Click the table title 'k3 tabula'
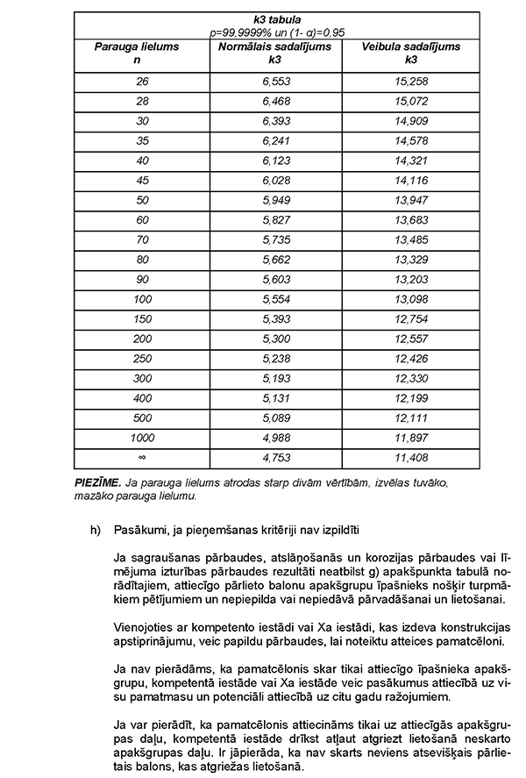pos(277,19)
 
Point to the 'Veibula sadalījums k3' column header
pos(411,53)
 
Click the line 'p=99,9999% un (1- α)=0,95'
pos(277,32)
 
